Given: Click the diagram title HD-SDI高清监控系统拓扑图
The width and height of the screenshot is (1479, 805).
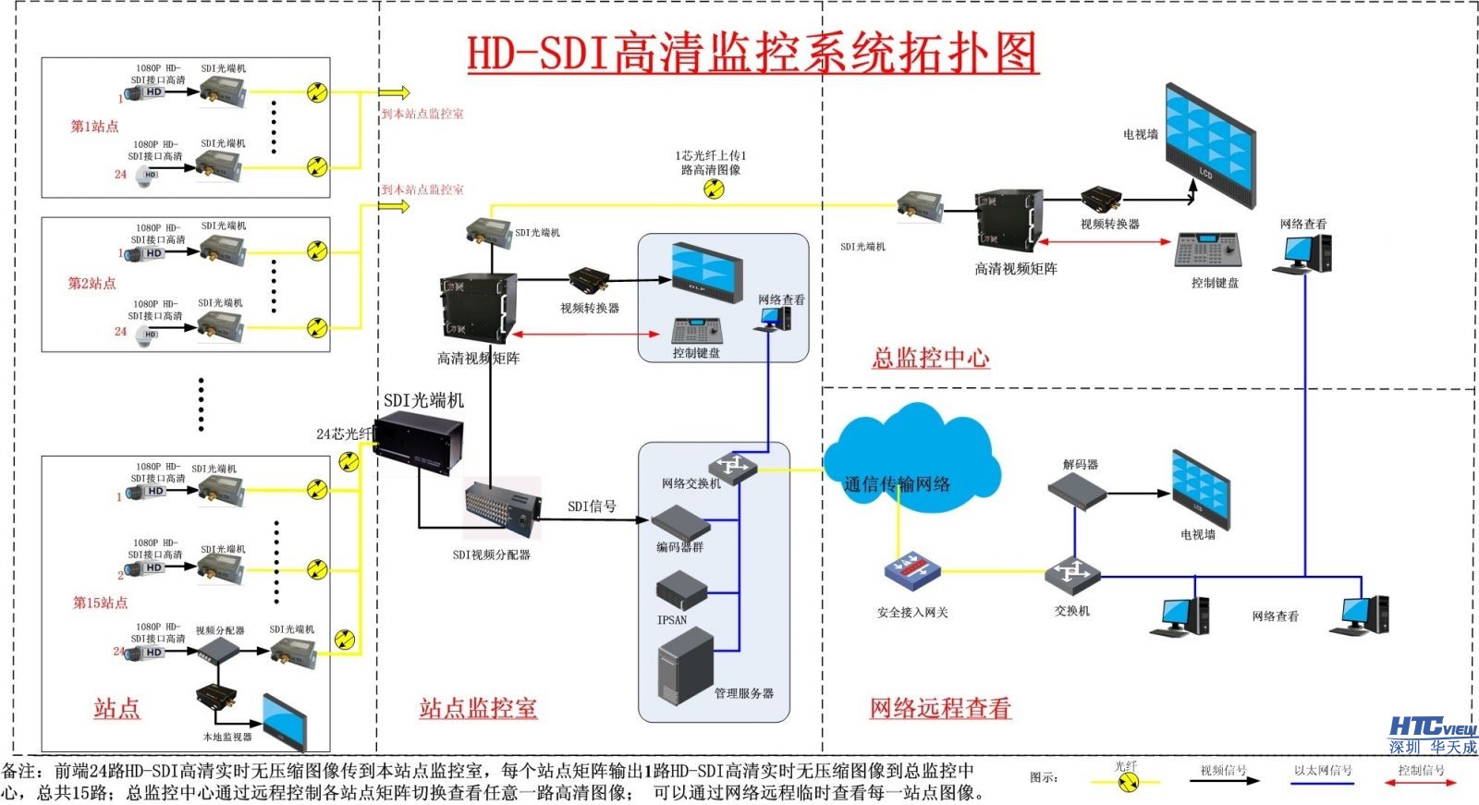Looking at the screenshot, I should click(x=752, y=53).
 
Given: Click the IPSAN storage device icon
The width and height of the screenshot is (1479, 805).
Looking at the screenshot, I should click(x=681, y=591).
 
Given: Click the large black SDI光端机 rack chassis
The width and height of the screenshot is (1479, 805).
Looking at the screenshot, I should click(x=418, y=444).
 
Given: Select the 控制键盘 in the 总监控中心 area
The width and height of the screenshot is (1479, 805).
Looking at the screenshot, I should click(x=1210, y=251).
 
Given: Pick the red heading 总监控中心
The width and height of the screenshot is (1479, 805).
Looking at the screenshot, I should click(x=930, y=358).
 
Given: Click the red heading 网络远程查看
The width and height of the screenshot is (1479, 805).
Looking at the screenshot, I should click(x=940, y=708).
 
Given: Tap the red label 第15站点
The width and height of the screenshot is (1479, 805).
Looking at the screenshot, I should click(x=100, y=603).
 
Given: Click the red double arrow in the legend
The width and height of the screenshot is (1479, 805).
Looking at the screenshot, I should click(x=1420, y=783).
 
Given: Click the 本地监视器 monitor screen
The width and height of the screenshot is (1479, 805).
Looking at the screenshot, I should click(x=285, y=721).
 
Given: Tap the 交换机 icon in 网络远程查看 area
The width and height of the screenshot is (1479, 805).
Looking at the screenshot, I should click(x=1072, y=574).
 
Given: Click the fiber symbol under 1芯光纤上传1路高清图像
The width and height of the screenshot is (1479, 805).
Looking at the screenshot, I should click(x=713, y=189).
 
